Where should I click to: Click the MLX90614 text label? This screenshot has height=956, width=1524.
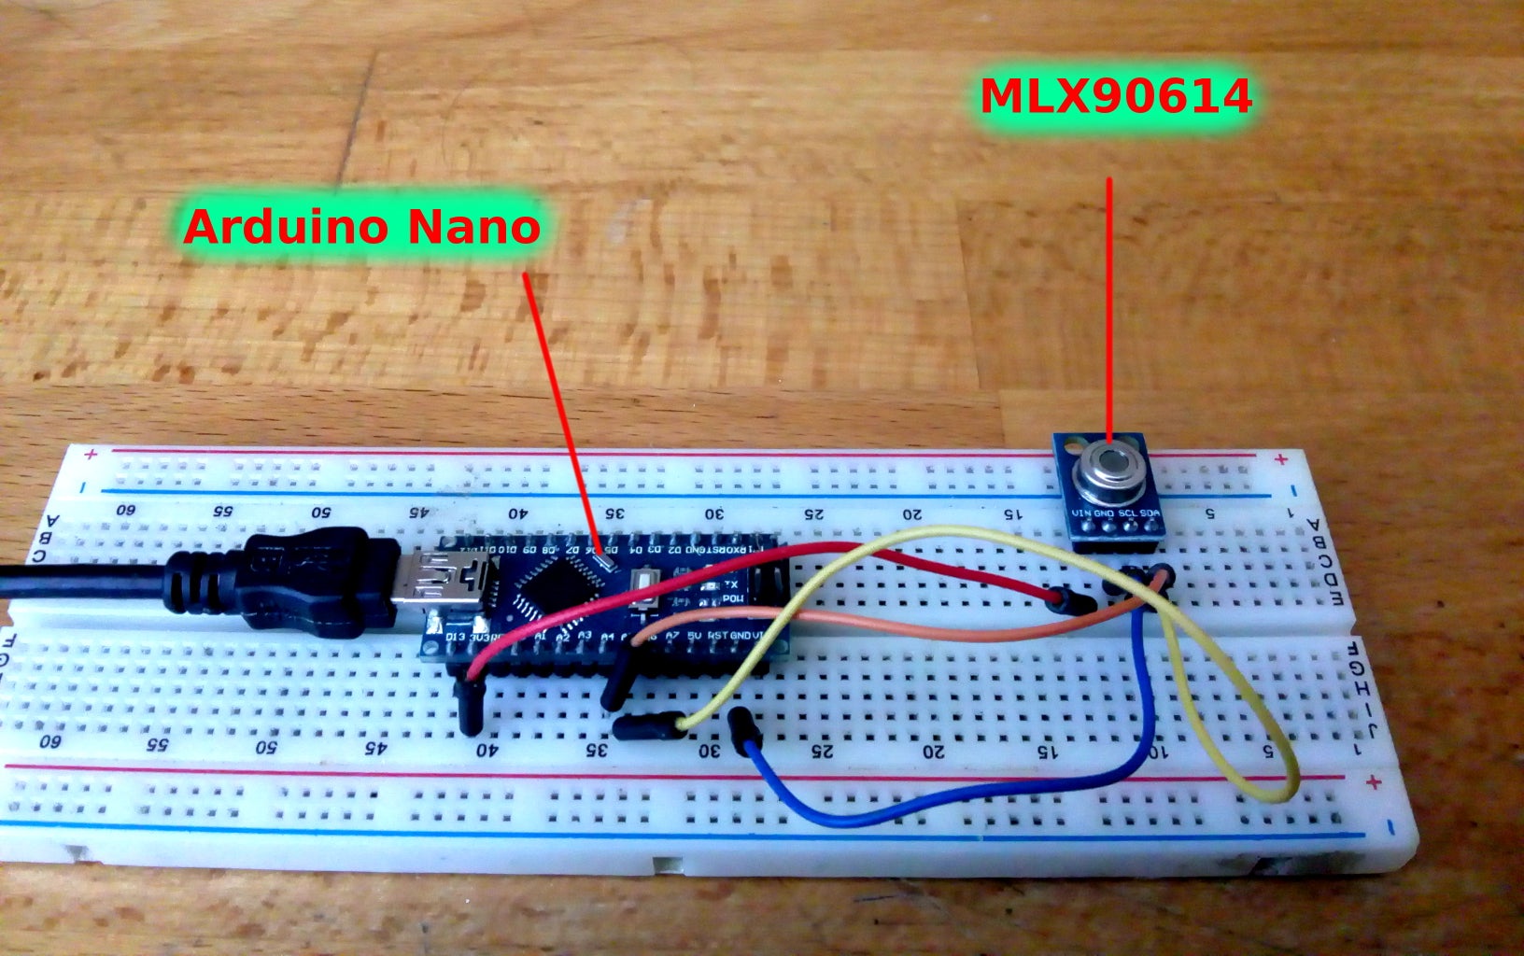tap(1115, 96)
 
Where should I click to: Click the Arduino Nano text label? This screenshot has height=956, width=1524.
tap(361, 227)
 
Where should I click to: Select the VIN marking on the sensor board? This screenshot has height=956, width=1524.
tap(1082, 513)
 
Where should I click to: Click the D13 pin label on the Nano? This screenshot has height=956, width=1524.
tap(457, 639)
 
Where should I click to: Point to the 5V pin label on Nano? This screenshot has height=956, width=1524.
tap(693, 635)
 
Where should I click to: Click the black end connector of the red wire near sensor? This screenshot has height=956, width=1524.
tap(1075, 600)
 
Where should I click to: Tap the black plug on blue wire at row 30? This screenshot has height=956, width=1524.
tap(745, 729)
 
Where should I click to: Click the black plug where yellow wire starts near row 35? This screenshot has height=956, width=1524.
tap(644, 724)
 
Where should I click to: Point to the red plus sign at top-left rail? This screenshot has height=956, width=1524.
tap(91, 455)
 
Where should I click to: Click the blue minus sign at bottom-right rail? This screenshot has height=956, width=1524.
tap(1390, 826)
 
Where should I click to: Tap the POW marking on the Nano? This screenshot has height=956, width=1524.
tap(733, 598)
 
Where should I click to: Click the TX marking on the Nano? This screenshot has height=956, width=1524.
tap(731, 583)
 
